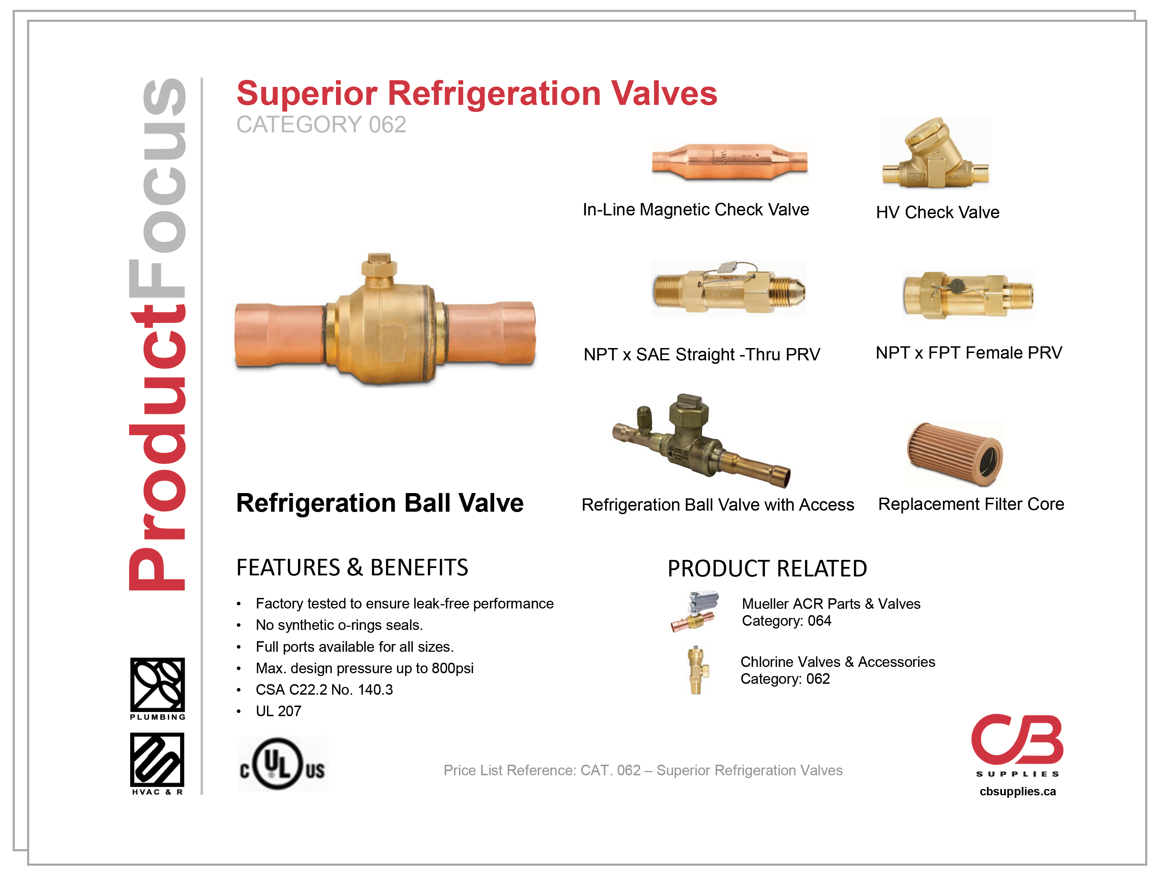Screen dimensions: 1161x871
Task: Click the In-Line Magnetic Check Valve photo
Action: (730, 161)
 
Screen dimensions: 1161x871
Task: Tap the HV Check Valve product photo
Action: (935, 153)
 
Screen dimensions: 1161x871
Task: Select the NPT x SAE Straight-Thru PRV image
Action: (729, 288)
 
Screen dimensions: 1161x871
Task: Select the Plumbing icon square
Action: (158, 684)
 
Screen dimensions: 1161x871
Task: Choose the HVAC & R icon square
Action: (158, 759)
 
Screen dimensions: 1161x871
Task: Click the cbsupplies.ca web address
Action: (1017, 791)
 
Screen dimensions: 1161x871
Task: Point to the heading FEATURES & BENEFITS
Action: (352, 568)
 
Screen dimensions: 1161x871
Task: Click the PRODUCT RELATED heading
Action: (767, 569)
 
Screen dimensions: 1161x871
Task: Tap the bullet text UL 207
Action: (278, 711)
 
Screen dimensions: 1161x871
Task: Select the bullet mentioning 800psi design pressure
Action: (364, 668)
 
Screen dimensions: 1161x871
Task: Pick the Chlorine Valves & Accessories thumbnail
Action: (698, 670)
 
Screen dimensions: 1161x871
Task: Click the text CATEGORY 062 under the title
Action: (321, 125)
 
